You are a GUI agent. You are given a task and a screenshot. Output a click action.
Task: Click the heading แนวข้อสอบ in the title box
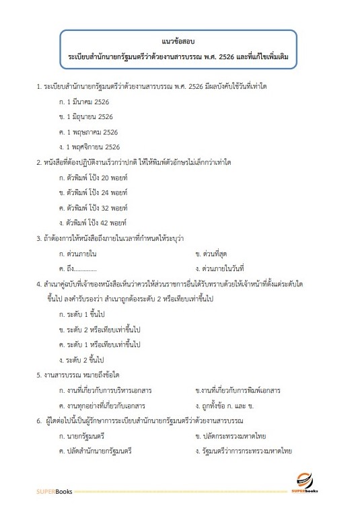pyautogui.click(x=179, y=42)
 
